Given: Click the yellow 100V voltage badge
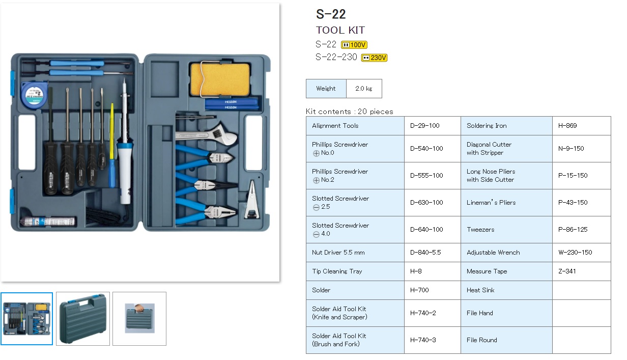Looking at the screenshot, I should tap(354, 45).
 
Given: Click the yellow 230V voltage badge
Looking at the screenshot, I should tap(374, 58).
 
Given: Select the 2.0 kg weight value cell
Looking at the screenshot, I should tap(363, 89).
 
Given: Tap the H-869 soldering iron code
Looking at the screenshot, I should tap(567, 126).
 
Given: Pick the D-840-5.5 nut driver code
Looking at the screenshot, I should tap(425, 253).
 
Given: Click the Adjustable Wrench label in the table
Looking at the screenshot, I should tap(493, 253).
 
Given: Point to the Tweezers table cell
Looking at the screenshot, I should tap(480, 230).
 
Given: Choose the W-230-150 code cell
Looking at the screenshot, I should tap(575, 253).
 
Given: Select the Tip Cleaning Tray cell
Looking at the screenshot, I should tap(337, 271).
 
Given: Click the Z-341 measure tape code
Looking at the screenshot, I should tap(567, 271).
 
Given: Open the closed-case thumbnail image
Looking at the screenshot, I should tap(83, 319).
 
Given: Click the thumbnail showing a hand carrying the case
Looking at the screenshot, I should tap(139, 319).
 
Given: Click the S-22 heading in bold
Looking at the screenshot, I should tap(331, 14).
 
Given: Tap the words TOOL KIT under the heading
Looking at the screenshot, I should tap(340, 30).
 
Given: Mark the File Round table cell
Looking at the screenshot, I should tap(482, 340).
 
